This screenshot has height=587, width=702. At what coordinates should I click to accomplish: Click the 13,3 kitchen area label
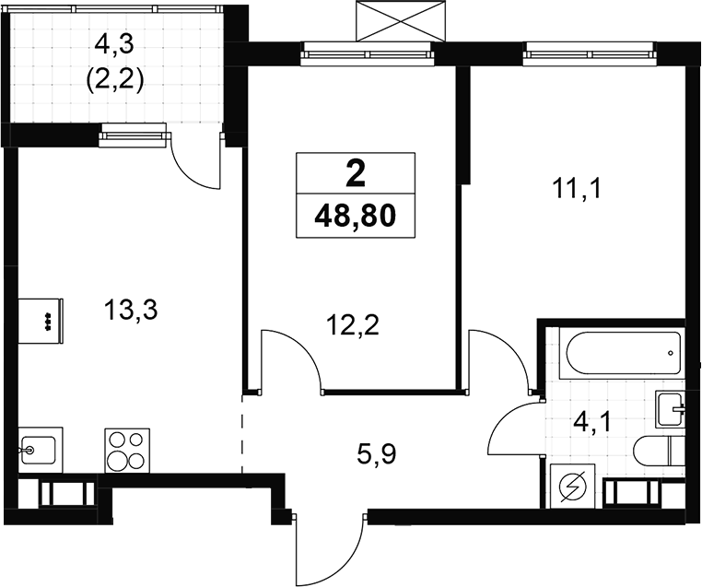(x=131, y=311)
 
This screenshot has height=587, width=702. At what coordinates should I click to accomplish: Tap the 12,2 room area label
(x=353, y=326)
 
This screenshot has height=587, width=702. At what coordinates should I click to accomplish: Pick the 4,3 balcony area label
(x=114, y=46)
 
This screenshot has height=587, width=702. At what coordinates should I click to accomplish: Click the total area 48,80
(x=356, y=217)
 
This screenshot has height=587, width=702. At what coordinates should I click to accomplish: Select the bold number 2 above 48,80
(x=356, y=174)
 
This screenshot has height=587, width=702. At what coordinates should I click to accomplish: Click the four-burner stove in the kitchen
(x=127, y=450)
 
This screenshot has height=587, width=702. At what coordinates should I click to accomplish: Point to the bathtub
(x=622, y=352)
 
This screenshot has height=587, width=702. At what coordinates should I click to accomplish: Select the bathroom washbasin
(x=670, y=409)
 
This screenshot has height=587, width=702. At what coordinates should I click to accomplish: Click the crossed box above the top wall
(x=401, y=20)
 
